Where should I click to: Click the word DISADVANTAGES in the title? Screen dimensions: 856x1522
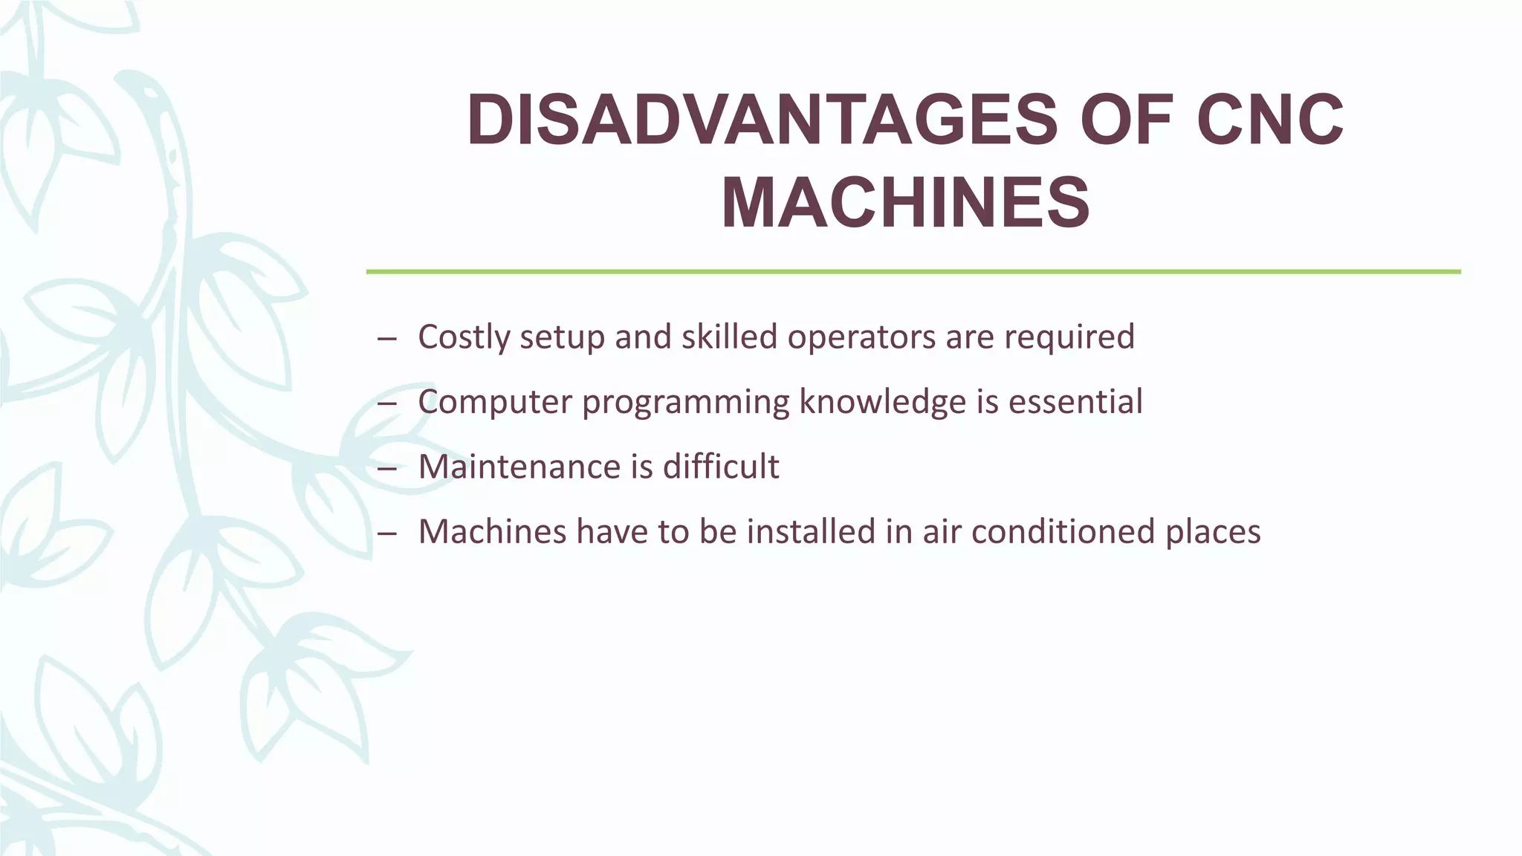pyautogui.click(x=762, y=120)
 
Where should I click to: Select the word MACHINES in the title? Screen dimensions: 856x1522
pyautogui.click(x=905, y=203)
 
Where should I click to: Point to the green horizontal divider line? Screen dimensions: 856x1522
pyautogui.click(x=913, y=272)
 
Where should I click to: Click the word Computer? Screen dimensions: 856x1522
pyautogui.click(x=494, y=402)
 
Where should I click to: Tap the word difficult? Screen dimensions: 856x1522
pyautogui.click(x=721, y=467)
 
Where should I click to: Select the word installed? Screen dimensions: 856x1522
pyautogui.click(x=810, y=532)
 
